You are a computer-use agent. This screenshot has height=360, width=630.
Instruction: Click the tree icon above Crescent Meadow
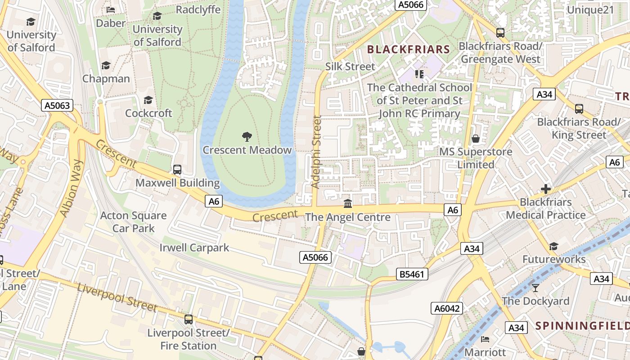pos(247,136)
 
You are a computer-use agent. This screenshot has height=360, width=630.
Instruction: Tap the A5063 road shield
pos(57,105)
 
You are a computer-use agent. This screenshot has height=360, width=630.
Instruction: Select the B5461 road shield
pos(412,274)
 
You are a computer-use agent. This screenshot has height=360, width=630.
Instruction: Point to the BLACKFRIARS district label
pos(409,49)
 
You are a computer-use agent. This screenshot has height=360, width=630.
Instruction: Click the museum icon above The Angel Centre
pos(347,204)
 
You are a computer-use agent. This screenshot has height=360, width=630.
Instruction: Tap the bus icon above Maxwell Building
pos(177,170)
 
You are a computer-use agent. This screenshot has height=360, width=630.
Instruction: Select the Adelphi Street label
pos(316,152)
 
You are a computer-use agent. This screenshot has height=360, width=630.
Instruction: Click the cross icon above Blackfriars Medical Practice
pos(546,189)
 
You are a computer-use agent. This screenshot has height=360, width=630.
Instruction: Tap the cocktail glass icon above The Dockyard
pos(535,288)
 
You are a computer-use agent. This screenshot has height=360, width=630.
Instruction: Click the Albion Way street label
pos(72,189)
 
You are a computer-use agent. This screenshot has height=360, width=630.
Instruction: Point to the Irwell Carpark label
pos(194,247)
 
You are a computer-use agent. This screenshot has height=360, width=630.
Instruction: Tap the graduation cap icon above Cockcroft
pos(148,100)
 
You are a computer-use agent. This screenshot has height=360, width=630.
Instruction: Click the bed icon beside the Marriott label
pos(485,339)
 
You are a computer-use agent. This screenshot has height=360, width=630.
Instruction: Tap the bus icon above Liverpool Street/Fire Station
pos(189,319)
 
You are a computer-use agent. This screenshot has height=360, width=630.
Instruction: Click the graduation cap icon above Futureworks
pos(553,246)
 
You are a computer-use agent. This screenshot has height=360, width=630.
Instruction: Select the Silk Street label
pos(350,67)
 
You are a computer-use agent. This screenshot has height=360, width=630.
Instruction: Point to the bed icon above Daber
pos(111,9)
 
